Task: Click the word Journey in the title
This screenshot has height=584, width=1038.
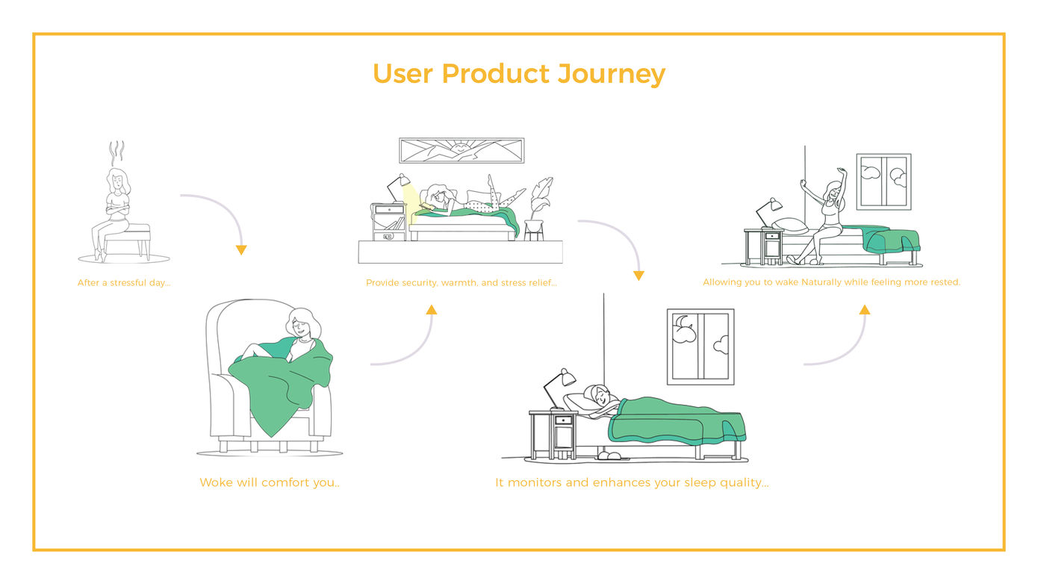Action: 611,74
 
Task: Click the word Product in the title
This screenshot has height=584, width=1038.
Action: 496,73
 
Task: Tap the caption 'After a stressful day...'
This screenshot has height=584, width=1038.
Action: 124,283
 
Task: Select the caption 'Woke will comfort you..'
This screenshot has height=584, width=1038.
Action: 270,482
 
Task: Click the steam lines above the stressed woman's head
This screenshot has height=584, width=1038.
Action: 116,153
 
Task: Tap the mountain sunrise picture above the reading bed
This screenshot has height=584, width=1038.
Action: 461,151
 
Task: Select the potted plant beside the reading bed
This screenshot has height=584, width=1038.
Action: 538,208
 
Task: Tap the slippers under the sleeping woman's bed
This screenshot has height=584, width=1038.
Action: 611,455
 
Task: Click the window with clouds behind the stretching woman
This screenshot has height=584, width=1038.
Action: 883,181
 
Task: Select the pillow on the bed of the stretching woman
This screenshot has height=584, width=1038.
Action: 790,226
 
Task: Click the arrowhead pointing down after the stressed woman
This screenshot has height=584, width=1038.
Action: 241,250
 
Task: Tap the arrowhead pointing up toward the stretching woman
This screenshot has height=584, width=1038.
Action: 864,310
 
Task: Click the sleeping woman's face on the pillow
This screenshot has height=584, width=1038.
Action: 600,397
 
